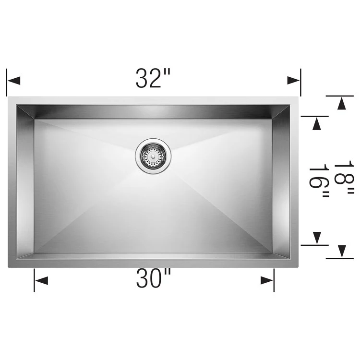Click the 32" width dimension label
coord(153,78)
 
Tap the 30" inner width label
coord(154,279)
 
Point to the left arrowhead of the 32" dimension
coord(13,80)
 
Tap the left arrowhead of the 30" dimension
coord(41,280)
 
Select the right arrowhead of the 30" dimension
coord(267,280)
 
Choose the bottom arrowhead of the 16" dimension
coord(316,238)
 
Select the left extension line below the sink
coord(34,280)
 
